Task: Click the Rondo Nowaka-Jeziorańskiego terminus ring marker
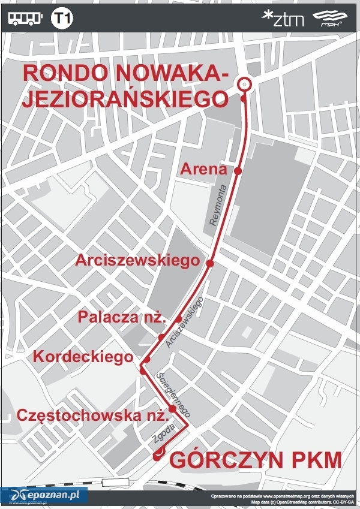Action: point(244,85)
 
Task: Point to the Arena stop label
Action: point(203,170)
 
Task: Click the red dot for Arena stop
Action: point(238,171)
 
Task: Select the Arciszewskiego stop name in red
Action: point(137,261)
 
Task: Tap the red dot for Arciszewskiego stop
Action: point(210,263)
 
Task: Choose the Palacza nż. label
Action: point(122,318)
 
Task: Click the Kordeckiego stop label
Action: point(83,357)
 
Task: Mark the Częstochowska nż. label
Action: point(91,415)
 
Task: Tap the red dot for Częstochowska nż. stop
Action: point(172,409)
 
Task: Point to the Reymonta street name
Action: point(218,205)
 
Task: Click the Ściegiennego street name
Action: point(173,394)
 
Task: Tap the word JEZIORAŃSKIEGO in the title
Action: point(125,98)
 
